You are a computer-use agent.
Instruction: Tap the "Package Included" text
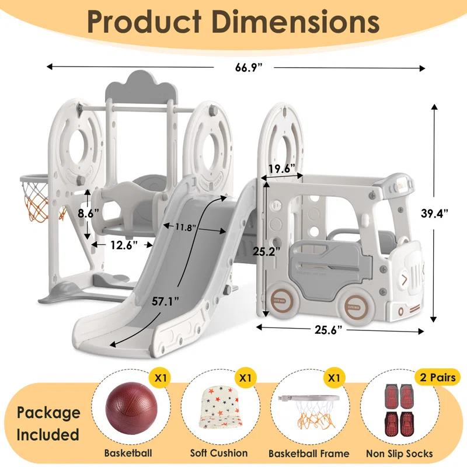[x=48, y=423]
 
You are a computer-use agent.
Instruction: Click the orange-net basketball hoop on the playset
[x=36, y=196]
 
